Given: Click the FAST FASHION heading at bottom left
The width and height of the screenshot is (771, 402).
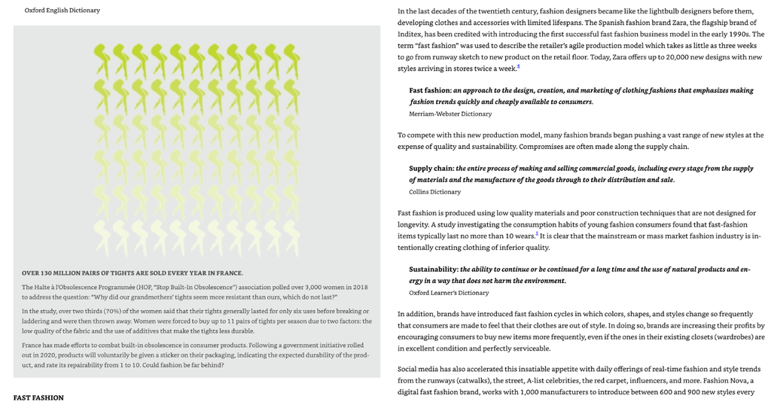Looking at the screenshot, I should (38, 397).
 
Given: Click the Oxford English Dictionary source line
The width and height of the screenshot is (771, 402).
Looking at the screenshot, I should (62, 11).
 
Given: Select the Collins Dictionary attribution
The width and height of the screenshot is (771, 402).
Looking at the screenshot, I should (434, 192).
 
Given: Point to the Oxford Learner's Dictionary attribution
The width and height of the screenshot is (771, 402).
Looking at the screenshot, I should (449, 293).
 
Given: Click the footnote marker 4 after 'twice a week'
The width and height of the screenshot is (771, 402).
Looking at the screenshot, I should (518, 67).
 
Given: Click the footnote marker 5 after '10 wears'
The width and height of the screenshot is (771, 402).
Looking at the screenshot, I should (536, 234).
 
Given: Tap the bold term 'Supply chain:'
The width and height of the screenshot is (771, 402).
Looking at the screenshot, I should (431, 169).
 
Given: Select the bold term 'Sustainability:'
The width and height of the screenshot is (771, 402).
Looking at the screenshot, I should (434, 270).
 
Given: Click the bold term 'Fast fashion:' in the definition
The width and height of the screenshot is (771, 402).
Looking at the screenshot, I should (431, 90).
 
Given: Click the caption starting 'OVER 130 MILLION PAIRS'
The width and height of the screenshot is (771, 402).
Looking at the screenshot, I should (133, 273).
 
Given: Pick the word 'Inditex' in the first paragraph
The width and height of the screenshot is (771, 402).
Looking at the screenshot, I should (410, 34).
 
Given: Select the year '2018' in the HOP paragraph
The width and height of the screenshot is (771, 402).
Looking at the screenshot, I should (360, 287).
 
